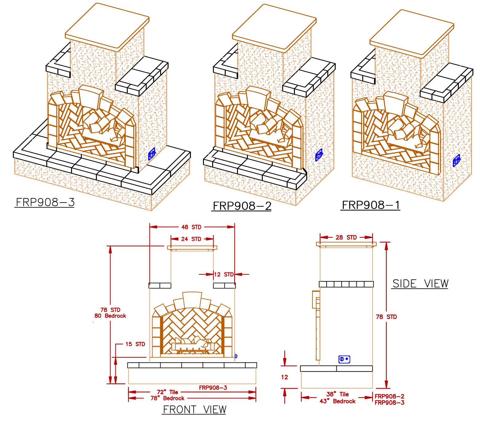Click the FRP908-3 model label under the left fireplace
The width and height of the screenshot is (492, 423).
[x=45, y=202]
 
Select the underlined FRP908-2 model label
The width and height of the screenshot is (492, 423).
[x=242, y=206]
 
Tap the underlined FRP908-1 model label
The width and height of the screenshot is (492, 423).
[x=371, y=205]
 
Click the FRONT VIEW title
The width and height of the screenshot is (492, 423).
[x=194, y=409]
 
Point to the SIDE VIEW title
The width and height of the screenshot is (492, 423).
[x=420, y=283]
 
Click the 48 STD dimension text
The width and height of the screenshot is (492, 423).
[x=191, y=227]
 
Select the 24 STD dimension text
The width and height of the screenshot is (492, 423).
[x=191, y=239]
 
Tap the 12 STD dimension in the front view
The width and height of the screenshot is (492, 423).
[x=224, y=274]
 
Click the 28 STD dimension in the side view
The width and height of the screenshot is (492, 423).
[x=346, y=237]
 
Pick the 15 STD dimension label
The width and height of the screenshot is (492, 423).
[x=135, y=344]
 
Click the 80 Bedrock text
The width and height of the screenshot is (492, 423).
[x=110, y=316]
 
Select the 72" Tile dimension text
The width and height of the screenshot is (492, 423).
[x=168, y=392]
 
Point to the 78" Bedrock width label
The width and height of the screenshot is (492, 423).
[x=167, y=398]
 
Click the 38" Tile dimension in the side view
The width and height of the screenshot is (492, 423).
[x=337, y=394]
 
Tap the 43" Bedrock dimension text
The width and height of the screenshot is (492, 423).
[x=337, y=401]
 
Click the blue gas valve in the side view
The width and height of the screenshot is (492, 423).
[x=344, y=359]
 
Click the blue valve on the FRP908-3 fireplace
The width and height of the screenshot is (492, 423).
[x=152, y=154]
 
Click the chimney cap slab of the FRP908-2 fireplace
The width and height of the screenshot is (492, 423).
[x=274, y=28]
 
